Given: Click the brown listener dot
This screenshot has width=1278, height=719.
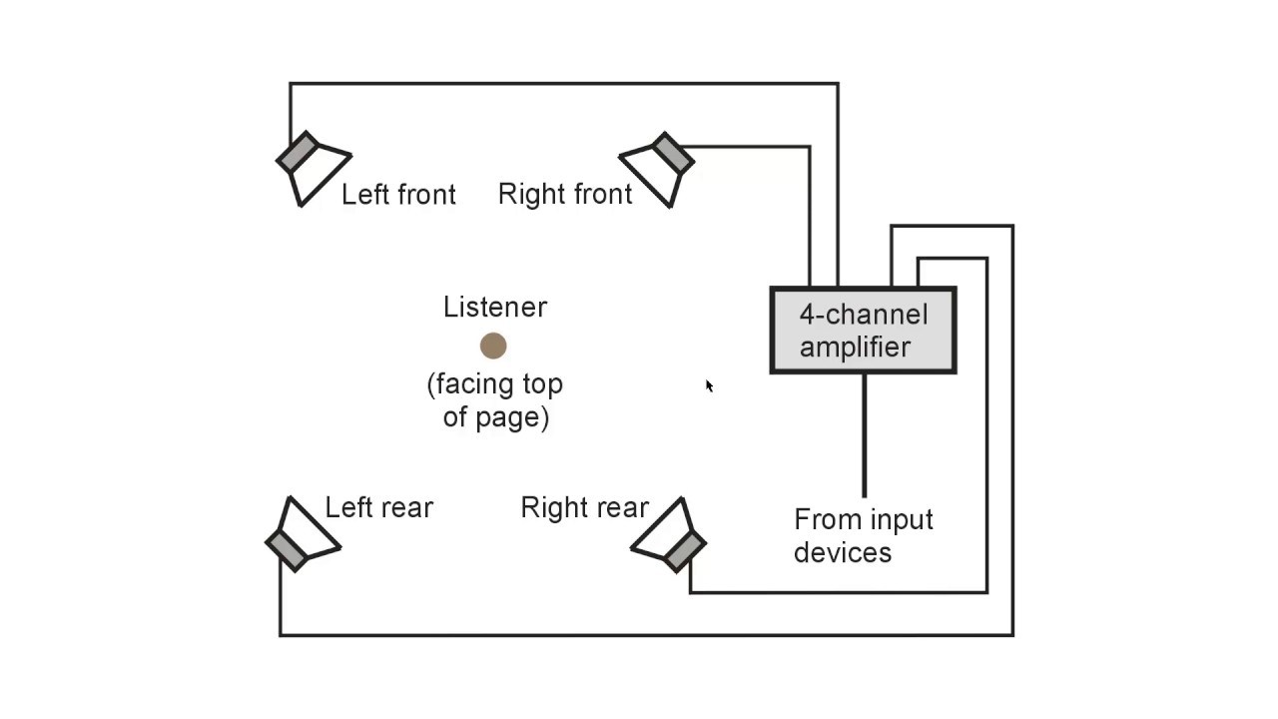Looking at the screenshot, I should [x=493, y=347].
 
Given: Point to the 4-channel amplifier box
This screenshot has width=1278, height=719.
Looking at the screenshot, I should [x=864, y=331].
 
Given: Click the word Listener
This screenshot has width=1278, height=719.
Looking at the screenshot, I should [x=495, y=308].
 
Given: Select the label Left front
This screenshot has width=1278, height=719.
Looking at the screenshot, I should [x=398, y=195].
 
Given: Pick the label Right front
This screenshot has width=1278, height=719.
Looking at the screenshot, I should [x=565, y=195].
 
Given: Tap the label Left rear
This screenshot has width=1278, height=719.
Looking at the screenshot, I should [x=378, y=507].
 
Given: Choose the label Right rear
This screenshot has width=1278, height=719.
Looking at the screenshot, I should [x=585, y=507].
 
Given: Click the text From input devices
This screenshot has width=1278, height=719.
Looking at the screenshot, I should [x=863, y=536].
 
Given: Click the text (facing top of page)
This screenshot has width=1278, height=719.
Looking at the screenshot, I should [x=495, y=399].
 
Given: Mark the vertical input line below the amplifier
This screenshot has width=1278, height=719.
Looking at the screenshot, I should [x=864, y=435].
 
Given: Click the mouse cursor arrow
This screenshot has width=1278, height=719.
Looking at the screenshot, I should [x=709, y=385].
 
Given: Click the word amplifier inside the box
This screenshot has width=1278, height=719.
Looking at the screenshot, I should [x=855, y=348].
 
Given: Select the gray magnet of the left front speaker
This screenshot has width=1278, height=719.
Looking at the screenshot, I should [x=298, y=154].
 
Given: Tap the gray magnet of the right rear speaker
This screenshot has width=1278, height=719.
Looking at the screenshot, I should [x=685, y=551].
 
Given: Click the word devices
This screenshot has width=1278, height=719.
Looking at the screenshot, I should [x=842, y=552].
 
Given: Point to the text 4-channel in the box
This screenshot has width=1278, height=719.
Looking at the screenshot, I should [x=863, y=315].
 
